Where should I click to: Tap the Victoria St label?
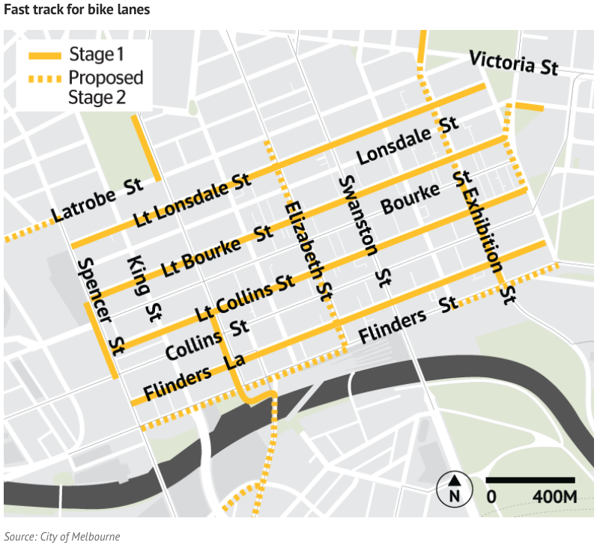click(513, 62)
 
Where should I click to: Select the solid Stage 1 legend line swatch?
click(44, 55)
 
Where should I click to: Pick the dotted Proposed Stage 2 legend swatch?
click(44, 79)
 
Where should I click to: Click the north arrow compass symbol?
click(454, 488)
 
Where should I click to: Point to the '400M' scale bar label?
click(554, 496)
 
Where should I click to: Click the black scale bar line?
click(530, 479)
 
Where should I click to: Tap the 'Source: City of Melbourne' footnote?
click(61, 536)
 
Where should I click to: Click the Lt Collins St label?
click(243, 296)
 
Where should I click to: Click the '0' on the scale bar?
click(491, 496)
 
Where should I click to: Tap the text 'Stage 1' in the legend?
click(96, 55)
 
